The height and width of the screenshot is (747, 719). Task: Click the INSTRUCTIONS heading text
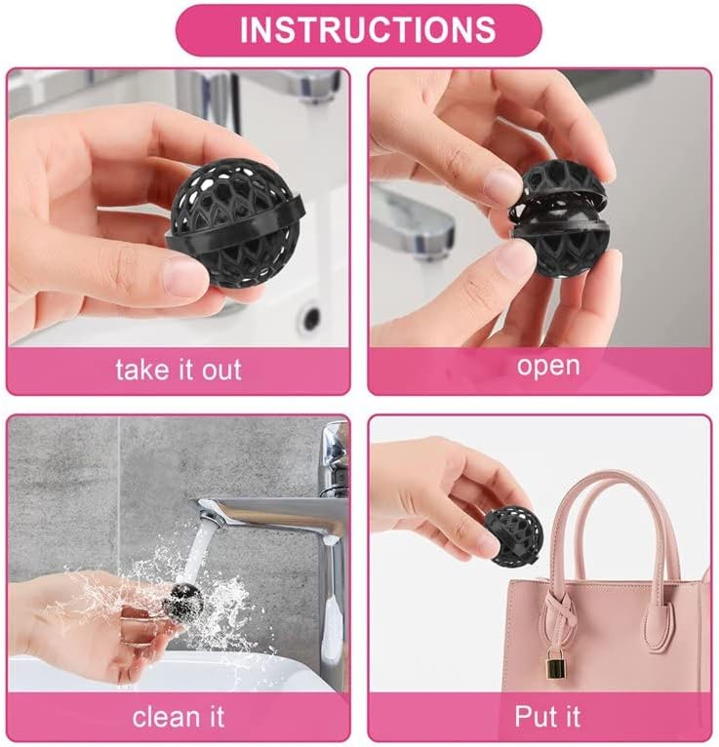pyautogui.click(x=368, y=29)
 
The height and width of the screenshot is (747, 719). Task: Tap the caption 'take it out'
pyautogui.click(x=179, y=370)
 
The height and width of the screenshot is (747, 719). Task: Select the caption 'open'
pyautogui.click(x=548, y=367)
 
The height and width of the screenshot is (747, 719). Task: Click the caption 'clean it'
pyautogui.click(x=179, y=717)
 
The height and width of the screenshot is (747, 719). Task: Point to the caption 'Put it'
pyautogui.click(x=547, y=716)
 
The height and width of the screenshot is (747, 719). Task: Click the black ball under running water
pyautogui.click(x=183, y=602)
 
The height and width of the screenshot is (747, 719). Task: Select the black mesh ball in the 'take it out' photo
pyautogui.click(x=236, y=221)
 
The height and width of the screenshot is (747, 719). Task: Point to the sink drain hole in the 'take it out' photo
pyautogui.click(x=310, y=317)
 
